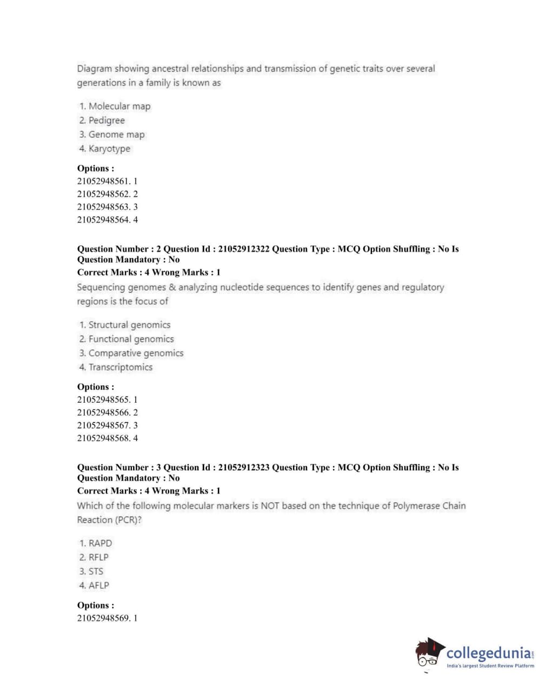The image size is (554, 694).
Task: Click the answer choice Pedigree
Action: (106, 121)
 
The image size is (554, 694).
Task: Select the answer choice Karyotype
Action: (109, 149)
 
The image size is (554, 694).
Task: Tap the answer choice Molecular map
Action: (119, 106)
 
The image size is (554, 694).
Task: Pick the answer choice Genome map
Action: (116, 135)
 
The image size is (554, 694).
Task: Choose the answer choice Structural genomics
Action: (129, 325)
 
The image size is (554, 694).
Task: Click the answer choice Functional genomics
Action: (131, 339)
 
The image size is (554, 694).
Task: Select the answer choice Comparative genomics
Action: (136, 353)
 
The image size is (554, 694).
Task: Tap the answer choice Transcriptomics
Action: (121, 367)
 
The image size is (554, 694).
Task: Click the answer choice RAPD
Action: (100, 543)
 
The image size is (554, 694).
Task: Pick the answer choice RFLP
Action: (98, 557)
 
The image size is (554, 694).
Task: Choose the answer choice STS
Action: (96, 571)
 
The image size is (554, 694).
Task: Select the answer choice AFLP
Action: (98, 585)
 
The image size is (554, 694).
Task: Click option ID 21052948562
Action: (107, 194)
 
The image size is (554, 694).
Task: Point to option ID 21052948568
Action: (107, 438)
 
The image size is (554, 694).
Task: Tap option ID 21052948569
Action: (107, 618)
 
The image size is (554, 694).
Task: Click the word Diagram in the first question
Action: (95, 69)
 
